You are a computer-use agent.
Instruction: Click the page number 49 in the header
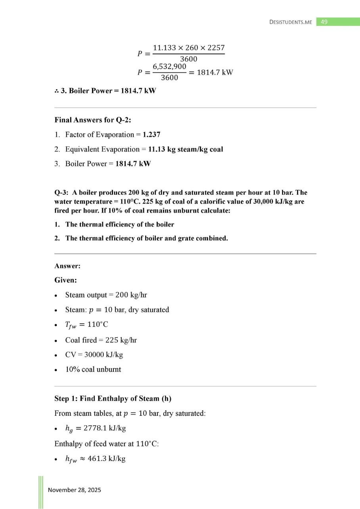(x=324, y=22)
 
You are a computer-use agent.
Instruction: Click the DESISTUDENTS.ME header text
(x=291, y=22)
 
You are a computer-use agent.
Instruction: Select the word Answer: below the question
(x=67, y=266)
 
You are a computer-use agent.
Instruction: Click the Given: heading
(x=65, y=280)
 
